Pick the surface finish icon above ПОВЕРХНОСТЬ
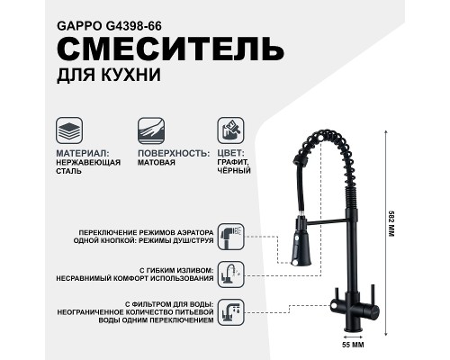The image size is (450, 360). pyautogui.click(x=150, y=128)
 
